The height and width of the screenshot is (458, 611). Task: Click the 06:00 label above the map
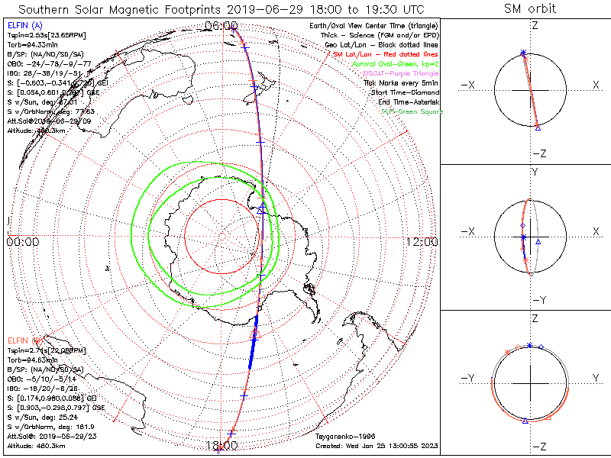click(x=221, y=26)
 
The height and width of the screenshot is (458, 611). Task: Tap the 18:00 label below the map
click(x=221, y=445)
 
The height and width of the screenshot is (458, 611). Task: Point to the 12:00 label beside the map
click(x=422, y=242)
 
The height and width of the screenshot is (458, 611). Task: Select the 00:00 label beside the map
click(x=22, y=242)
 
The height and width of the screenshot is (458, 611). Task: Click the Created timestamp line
click(x=376, y=445)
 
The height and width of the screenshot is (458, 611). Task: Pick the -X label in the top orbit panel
click(x=469, y=89)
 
